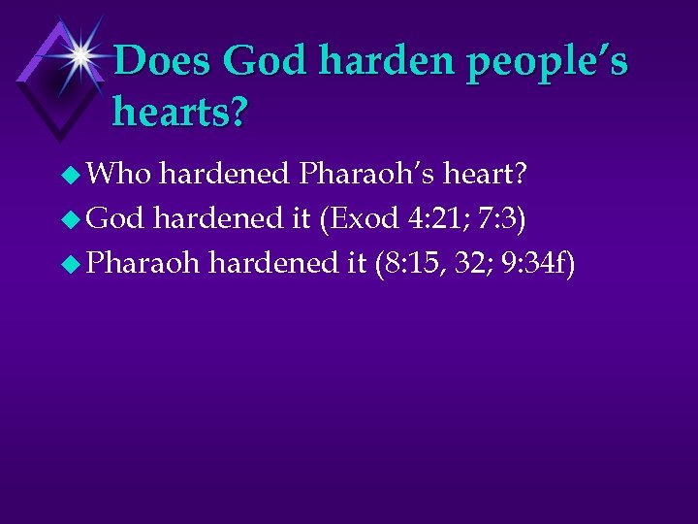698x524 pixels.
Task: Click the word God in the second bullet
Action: pyautogui.click(x=115, y=218)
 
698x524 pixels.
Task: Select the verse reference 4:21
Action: pyautogui.click(x=433, y=218)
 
